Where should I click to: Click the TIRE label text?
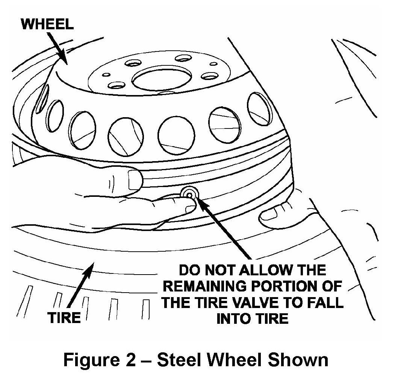pos(64,318)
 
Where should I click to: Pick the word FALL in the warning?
pos(324,303)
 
